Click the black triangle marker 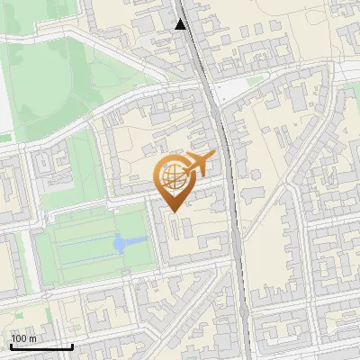(181, 24)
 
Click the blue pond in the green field (120, 243)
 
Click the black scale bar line (41, 346)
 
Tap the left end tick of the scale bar (11, 345)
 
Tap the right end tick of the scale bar (72, 345)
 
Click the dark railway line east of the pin (232, 198)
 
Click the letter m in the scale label (32, 338)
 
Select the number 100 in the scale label (20, 338)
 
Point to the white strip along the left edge (4, 90)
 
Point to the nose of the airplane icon (215, 157)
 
